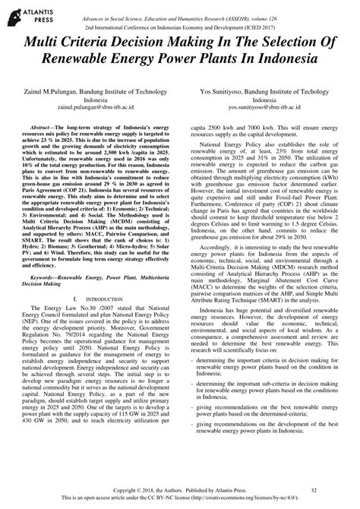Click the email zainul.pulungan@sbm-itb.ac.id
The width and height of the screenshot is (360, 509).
pyautogui.click(x=96, y=108)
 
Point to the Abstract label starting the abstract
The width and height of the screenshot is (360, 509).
pyautogui.click(x=45, y=130)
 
